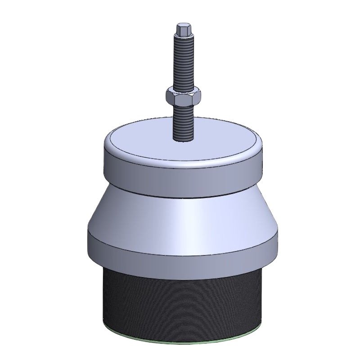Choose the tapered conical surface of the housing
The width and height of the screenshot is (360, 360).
click(180, 216)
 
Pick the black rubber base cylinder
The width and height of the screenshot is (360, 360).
click(180, 297)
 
